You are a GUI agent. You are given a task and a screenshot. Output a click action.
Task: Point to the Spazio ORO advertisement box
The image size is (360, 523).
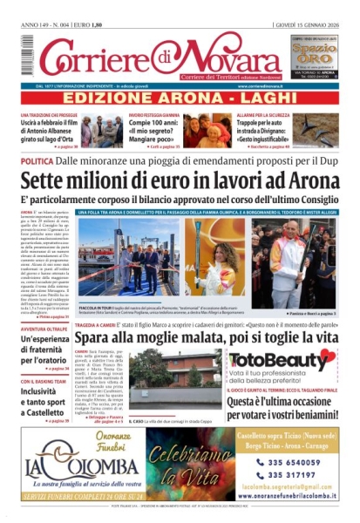tap(312, 61)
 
